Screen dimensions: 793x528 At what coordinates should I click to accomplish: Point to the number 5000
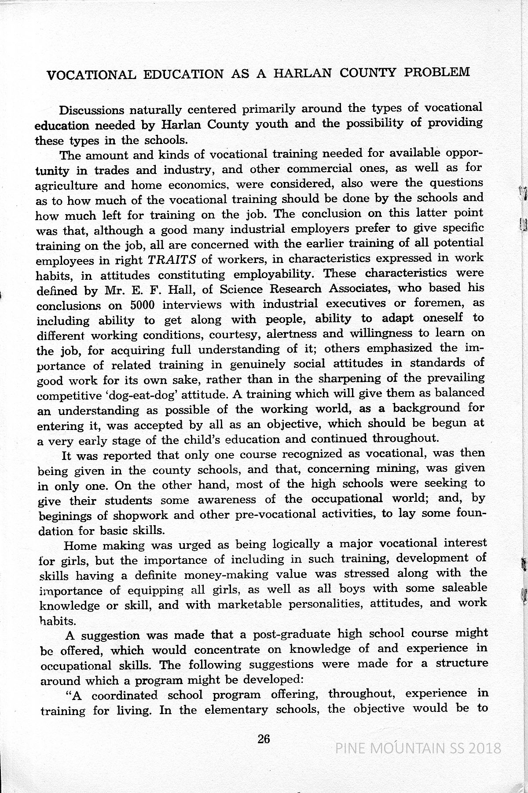pyautogui.click(x=143, y=305)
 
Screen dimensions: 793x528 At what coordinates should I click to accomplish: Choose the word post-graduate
pyautogui.click(x=292, y=635)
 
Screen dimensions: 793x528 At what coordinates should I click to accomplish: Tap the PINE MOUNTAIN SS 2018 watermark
pyautogui.click(x=418, y=748)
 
